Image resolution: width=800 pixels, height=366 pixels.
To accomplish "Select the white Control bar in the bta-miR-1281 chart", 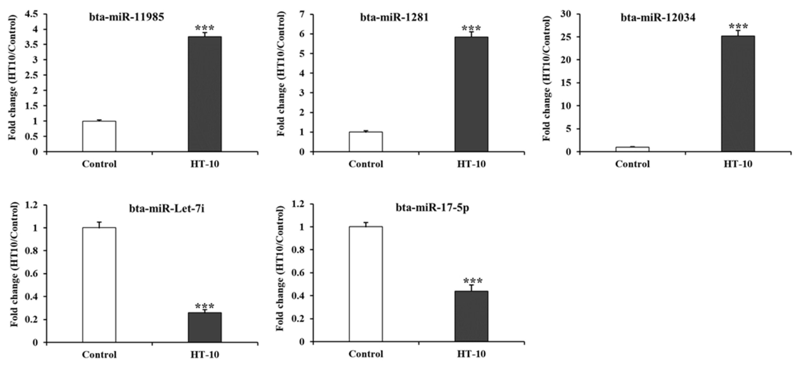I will click(365, 142).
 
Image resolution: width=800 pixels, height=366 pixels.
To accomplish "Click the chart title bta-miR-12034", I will click(658, 17).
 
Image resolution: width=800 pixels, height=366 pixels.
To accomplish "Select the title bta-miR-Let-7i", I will click(167, 209).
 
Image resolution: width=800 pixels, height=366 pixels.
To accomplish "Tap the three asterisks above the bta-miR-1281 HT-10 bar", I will click(471, 29).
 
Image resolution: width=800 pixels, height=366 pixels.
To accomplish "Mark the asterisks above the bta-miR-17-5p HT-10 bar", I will click(473, 281).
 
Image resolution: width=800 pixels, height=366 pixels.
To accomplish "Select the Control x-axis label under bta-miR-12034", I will click(632, 164).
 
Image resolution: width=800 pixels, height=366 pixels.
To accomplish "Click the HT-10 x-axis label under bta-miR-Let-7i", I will click(205, 354).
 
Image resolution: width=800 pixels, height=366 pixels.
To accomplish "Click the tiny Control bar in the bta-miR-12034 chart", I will click(632, 149).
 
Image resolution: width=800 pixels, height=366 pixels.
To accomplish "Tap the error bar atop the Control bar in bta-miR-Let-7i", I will click(99, 224).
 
